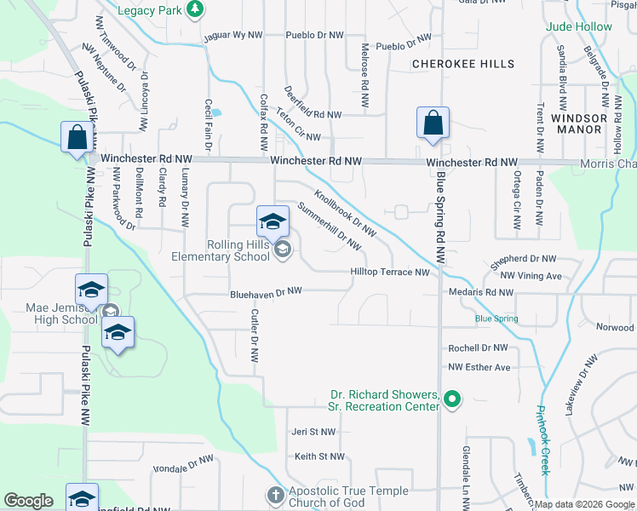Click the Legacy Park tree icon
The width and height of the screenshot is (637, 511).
point(196,9)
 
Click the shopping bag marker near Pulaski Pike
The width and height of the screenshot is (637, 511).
point(77,137)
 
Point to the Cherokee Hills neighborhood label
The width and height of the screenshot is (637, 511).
point(463,64)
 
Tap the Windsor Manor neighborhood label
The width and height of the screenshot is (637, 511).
point(578,124)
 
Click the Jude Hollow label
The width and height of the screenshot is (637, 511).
point(579,26)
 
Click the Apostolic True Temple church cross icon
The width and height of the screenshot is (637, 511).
point(275,495)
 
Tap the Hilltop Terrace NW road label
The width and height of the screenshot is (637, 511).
point(389,273)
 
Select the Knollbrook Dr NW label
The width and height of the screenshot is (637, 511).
point(345,212)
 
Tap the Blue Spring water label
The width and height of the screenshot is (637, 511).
point(496,319)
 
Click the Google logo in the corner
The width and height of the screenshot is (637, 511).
point(29,501)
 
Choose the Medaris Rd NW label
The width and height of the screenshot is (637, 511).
point(480,292)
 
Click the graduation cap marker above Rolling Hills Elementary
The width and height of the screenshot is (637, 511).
point(273,222)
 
